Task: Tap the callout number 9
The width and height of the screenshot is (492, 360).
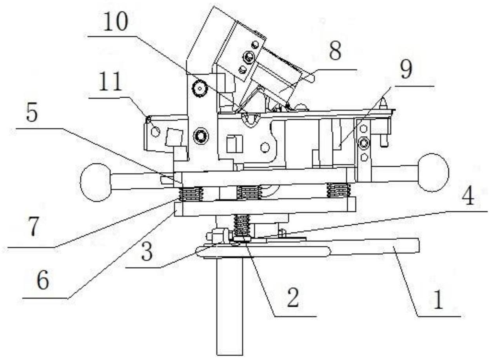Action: pos(406,70)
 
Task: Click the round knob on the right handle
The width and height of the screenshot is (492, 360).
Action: pos(433,173)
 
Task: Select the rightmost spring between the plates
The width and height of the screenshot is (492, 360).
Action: pos(338,190)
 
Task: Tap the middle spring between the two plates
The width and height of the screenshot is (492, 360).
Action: pos(249,192)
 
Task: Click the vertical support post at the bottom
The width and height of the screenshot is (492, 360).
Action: pos(229,306)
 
